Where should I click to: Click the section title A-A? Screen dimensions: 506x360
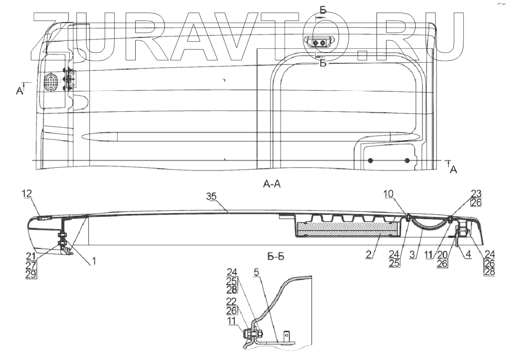click(x=272, y=184)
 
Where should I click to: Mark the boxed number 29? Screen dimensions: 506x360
click(x=31, y=274)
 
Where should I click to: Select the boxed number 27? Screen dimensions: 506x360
click(x=31, y=266)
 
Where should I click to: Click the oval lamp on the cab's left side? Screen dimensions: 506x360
click(x=51, y=82)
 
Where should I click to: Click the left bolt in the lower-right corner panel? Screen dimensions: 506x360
click(x=370, y=161)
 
